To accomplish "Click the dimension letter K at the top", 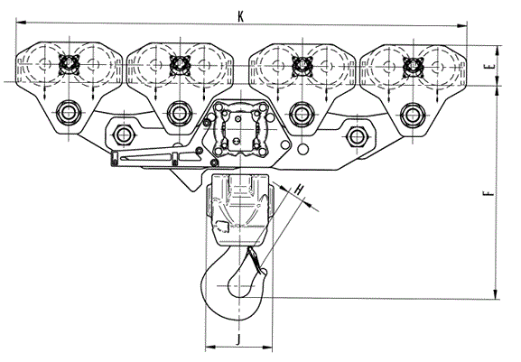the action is pyautogui.click(x=240, y=16).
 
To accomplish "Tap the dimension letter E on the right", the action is pyautogui.click(x=492, y=66).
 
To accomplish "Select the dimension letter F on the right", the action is pyautogui.click(x=488, y=192).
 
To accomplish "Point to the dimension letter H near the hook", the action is pyautogui.click(x=299, y=190).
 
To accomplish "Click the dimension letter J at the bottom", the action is pyautogui.click(x=237, y=339).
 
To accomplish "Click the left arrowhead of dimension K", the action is pyautogui.click(x=21, y=23).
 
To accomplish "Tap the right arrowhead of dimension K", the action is pyautogui.click(x=462, y=25).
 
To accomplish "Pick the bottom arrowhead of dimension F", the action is pyautogui.click(x=496, y=294).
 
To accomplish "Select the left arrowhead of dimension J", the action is pyautogui.click(x=210, y=348).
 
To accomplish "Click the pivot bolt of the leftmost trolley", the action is pyautogui.click(x=69, y=112).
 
